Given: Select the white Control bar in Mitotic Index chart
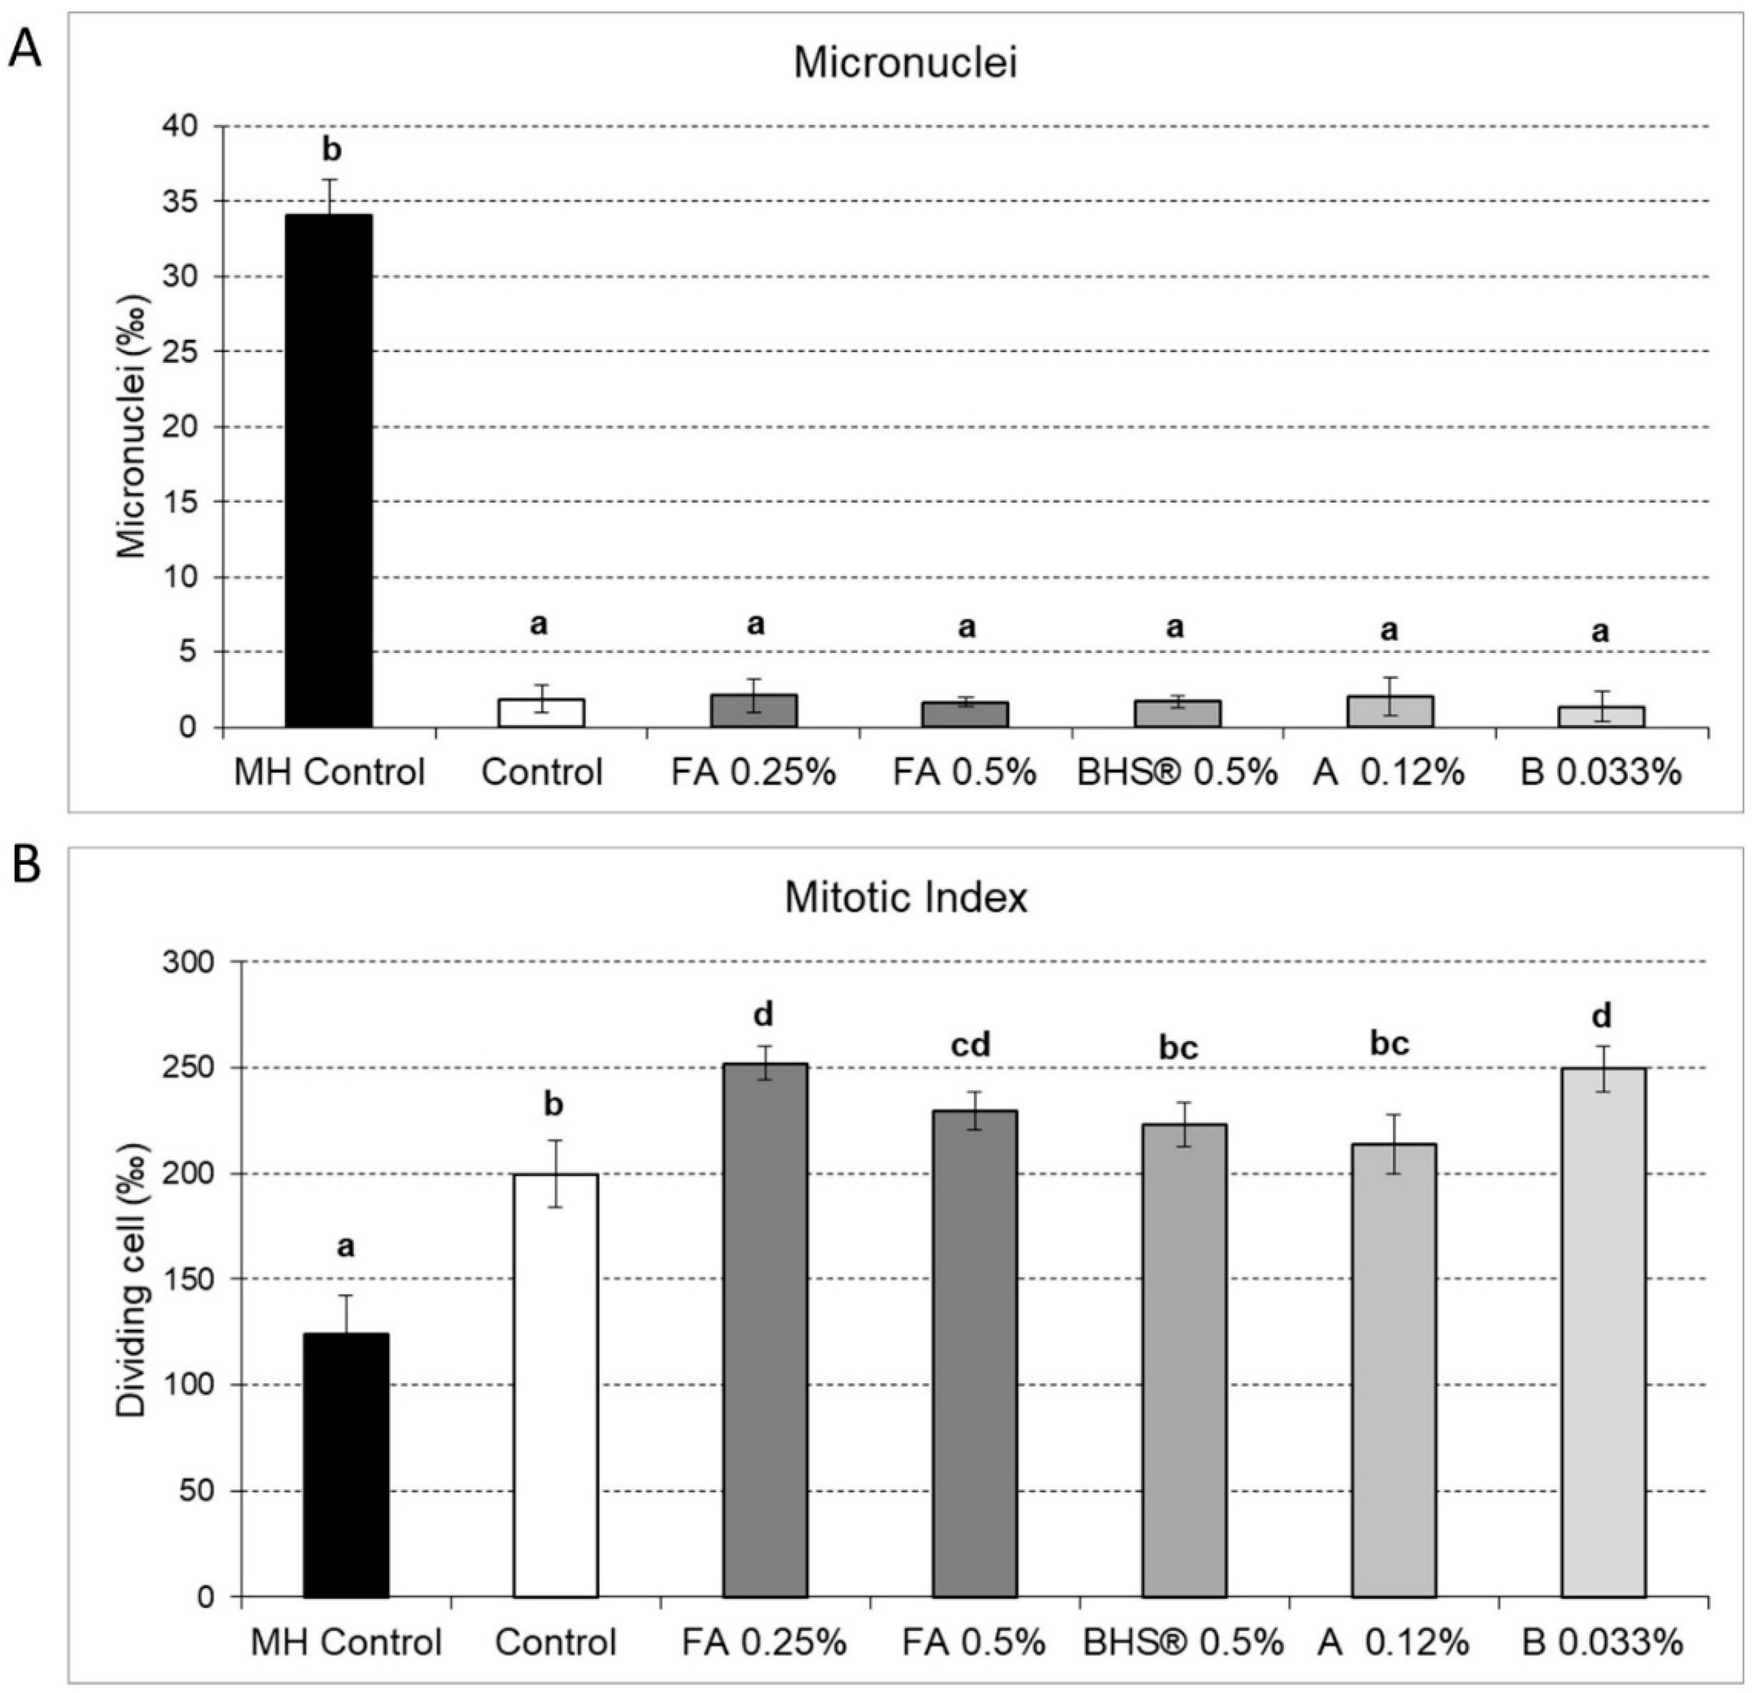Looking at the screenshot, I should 555,1386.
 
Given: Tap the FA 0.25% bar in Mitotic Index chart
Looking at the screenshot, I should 765,1332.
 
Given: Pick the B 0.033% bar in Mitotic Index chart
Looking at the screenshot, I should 1603,1332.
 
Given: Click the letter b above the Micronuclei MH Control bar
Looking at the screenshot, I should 331,150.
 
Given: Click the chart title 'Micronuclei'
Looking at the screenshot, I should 905,64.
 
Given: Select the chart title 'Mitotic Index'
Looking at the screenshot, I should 905,897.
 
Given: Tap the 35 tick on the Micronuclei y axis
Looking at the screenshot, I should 183,201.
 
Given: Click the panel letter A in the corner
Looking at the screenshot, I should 24,51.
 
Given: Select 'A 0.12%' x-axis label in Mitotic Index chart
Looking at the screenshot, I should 1392,1642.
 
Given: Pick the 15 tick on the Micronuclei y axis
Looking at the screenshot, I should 183,502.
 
